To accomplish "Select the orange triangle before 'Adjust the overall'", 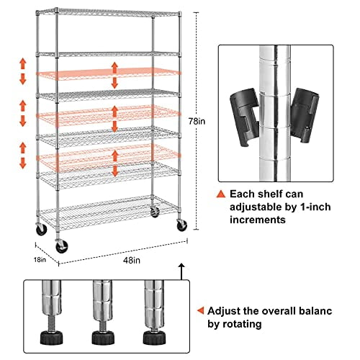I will coord(199,311).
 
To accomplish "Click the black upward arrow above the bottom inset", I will coord(181,272).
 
